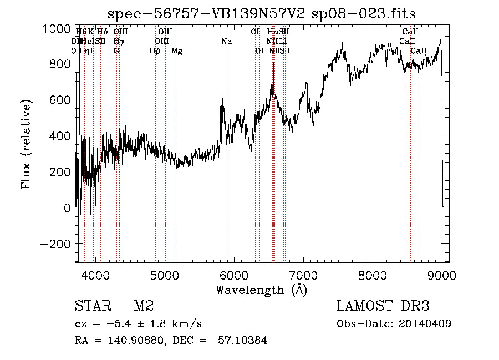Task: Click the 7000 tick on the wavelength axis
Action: click(303, 274)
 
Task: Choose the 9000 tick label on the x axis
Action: click(442, 274)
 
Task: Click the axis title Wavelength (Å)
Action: click(261, 290)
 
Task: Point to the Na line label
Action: click(226, 42)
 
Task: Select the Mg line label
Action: click(176, 51)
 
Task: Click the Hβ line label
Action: click(155, 51)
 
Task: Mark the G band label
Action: click(116, 51)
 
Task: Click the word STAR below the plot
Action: click(92, 306)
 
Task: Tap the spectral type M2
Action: click(144, 306)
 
